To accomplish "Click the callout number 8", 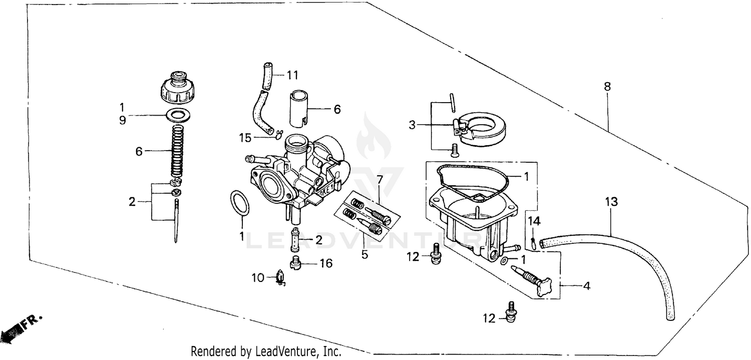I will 607,87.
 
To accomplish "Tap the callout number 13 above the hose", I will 611,202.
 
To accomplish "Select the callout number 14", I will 534,221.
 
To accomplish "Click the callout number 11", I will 292,76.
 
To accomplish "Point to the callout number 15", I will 244,137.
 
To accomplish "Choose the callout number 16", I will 326,263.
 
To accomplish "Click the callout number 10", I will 257,277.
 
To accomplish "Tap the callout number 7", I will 380,179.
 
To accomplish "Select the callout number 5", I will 364,254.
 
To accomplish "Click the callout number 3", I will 412,125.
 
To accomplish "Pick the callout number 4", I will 586,287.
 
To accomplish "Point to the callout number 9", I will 122,121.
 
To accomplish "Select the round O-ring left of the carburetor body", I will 240,204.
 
